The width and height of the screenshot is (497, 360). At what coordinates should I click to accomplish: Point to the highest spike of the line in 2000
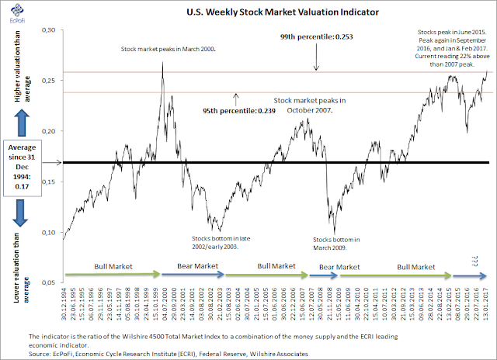162,62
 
